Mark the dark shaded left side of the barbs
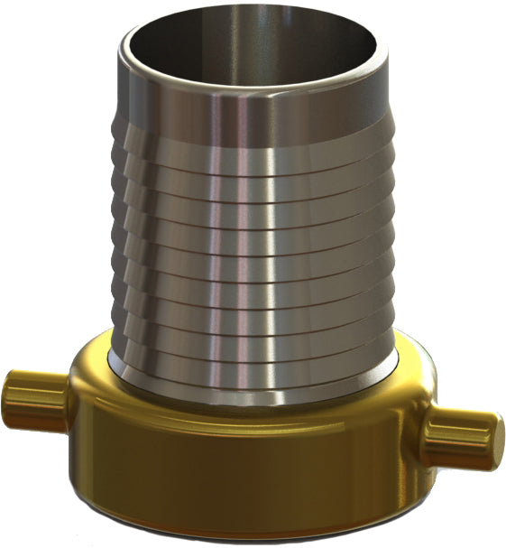tap(126, 253)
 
